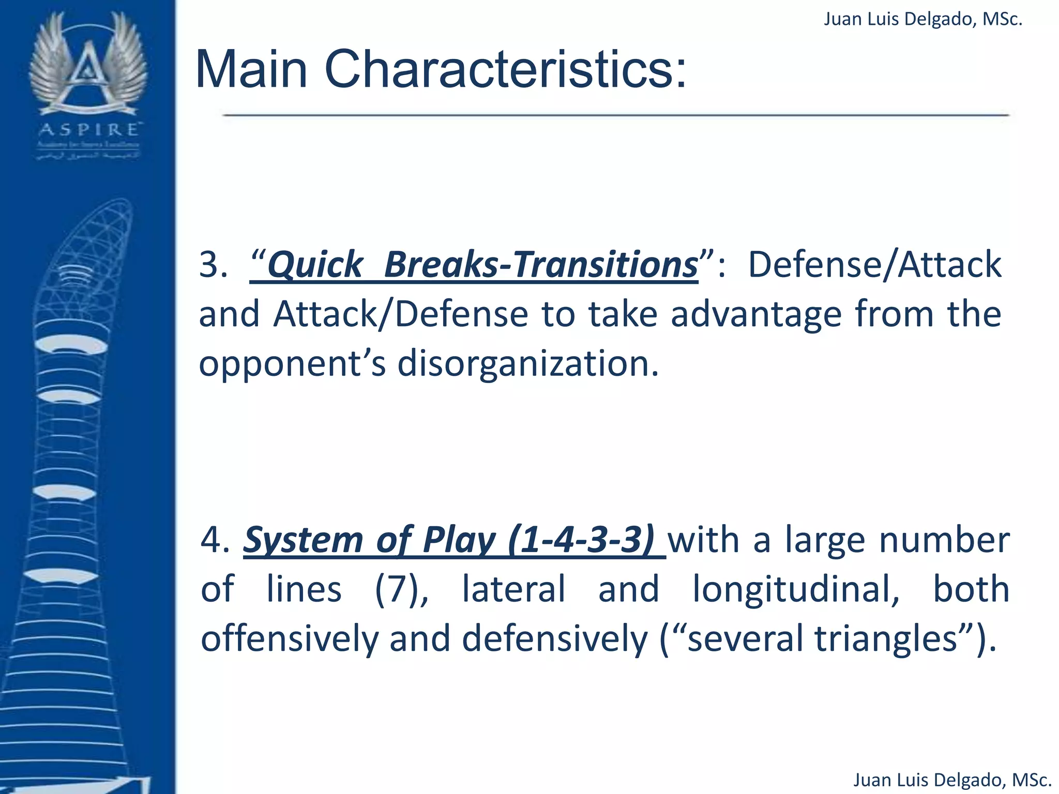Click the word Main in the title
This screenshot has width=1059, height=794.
pos(252,70)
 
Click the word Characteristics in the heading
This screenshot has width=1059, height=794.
pos(505,70)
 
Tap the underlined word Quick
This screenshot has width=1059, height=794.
pos(315,265)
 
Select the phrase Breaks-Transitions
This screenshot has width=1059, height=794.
pos(541,265)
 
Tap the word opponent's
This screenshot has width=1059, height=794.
pos(292,363)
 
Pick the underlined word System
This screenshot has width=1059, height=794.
pos(304,540)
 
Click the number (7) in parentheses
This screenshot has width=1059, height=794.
pos(401,589)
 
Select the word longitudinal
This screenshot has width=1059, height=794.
pos(796,589)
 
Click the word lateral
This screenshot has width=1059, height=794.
pos(513,589)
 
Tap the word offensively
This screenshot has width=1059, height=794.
pos(290,638)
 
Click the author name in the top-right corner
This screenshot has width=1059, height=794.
pos(923,19)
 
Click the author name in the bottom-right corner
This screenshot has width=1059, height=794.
pos(952,780)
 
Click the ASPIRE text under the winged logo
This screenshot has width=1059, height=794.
pos(88,129)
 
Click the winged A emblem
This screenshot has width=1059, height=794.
pos(88,65)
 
